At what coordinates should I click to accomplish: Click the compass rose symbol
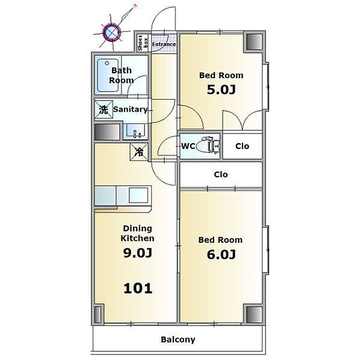(x=112, y=32)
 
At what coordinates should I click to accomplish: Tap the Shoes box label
(x=143, y=43)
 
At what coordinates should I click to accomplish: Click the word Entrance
(x=164, y=44)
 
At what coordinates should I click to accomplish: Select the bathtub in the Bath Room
(x=108, y=75)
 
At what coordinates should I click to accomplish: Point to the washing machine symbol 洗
(x=103, y=109)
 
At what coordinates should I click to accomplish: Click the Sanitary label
(x=130, y=109)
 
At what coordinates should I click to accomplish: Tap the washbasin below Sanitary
(x=135, y=132)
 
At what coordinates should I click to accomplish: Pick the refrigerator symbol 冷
(x=139, y=152)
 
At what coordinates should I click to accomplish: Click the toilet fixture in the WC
(x=209, y=145)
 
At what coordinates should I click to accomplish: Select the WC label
(x=188, y=146)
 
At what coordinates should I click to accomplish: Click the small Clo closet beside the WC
(x=242, y=146)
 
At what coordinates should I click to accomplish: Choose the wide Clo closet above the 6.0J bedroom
(x=221, y=174)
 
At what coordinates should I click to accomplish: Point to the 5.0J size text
(x=221, y=90)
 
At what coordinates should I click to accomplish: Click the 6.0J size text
(x=221, y=254)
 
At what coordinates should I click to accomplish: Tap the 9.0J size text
(x=137, y=253)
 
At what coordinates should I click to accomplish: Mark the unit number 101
(x=138, y=288)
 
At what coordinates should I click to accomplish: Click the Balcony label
(x=178, y=340)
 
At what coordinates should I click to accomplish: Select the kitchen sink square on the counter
(x=138, y=195)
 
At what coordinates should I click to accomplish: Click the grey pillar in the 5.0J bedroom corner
(x=254, y=42)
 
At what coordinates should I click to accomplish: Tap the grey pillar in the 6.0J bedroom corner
(x=254, y=314)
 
